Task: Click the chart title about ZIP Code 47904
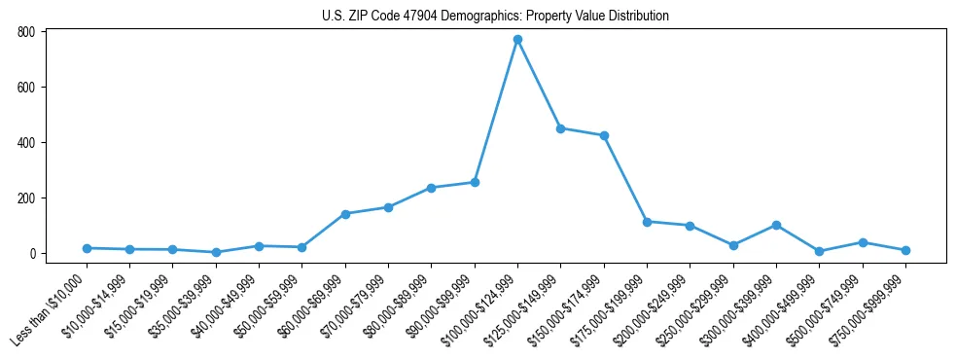point(495,16)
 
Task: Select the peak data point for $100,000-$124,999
point(517,40)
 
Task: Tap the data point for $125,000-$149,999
point(560,128)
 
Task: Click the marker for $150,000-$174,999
point(604,135)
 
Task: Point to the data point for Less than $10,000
point(87,248)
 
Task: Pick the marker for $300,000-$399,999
point(776,225)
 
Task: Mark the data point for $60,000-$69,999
point(345,214)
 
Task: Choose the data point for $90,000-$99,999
point(475,182)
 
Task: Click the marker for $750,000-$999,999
point(905,250)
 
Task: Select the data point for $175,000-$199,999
point(647,222)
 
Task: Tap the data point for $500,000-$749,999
point(863,242)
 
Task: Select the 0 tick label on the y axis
point(31,254)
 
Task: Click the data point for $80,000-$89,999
point(431,188)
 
